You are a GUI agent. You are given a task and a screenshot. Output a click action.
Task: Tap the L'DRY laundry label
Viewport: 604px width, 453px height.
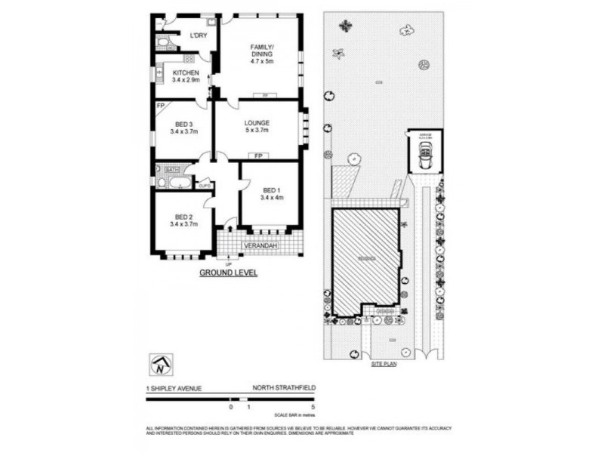coord(199,35)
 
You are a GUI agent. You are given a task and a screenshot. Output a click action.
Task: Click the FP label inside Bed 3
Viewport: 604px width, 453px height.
coord(161,106)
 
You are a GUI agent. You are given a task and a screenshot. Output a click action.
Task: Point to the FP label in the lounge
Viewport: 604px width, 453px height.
coord(258,156)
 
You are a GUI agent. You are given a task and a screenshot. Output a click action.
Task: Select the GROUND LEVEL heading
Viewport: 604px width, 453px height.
coord(228,273)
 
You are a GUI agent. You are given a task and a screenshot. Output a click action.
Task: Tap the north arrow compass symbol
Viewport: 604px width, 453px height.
coord(161,366)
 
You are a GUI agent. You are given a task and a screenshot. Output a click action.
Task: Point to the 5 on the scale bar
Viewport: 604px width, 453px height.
coord(311,407)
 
